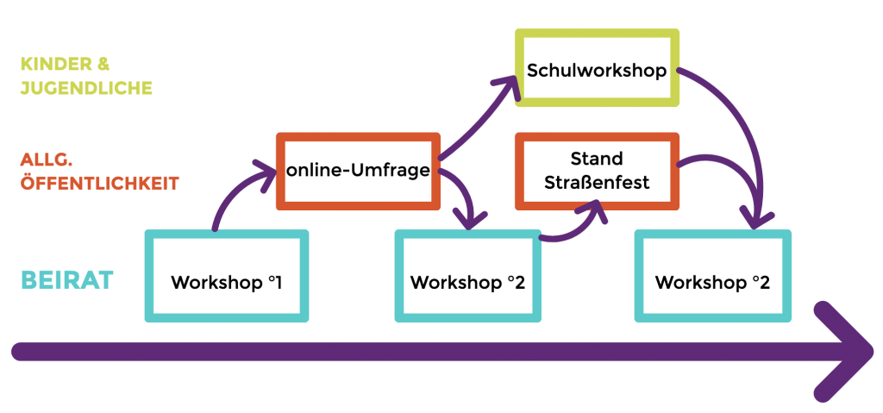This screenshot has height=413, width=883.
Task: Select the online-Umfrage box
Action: pos(358,171)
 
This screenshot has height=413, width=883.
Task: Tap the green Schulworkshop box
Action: pos(597,68)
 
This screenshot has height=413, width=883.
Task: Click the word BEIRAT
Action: pos(67,281)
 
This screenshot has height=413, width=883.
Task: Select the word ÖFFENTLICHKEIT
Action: pos(99,183)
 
